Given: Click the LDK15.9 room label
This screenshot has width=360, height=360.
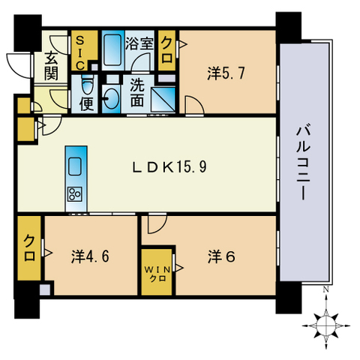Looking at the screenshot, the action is (169, 166).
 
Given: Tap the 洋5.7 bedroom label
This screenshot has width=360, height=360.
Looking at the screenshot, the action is (226, 73).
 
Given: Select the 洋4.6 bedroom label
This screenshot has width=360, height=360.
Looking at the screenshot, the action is (90, 256).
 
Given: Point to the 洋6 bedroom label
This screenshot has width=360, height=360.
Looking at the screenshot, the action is (221, 256).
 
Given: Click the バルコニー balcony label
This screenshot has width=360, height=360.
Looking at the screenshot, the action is (303, 163).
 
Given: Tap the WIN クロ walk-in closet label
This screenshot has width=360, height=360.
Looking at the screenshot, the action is (157, 274).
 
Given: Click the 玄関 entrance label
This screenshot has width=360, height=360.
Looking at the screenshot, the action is (51, 66).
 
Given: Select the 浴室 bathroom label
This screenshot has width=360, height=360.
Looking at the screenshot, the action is (139, 43).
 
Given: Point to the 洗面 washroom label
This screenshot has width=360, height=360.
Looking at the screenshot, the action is (137, 93).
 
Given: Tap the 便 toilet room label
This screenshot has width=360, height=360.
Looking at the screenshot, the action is (86, 103).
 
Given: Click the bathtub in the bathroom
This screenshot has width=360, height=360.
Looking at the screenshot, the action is (112, 50).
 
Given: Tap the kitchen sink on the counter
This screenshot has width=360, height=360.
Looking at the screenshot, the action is (75, 166).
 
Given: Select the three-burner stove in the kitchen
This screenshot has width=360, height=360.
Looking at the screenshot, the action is (75, 193).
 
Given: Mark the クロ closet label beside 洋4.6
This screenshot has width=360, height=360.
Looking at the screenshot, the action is (29, 248).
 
